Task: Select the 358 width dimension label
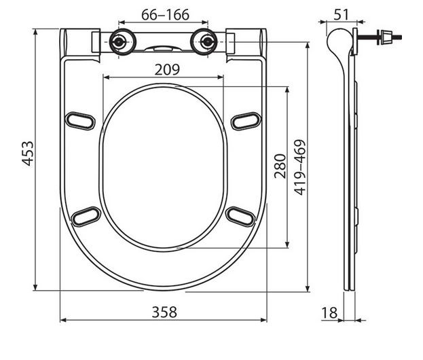coord(163,312)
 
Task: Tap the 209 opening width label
coord(166,69)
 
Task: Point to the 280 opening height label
coord(280,166)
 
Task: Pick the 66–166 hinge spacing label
coord(165,14)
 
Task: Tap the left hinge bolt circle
coord(119,41)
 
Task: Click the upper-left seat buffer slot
coord(80,120)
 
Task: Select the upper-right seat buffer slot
coord(245,120)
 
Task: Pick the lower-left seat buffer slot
coord(86,216)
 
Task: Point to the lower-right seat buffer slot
coord(240,216)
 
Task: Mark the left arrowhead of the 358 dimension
coord(63,320)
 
